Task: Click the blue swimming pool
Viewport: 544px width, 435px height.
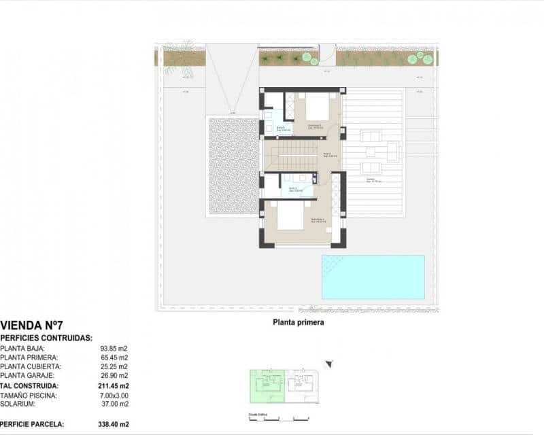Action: tap(373, 277)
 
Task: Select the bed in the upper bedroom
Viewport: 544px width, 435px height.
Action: tap(313, 106)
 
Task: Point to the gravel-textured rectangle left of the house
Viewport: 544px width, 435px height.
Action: tap(233, 166)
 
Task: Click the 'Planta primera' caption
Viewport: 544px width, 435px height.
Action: tap(299, 324)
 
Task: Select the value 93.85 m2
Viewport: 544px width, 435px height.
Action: tap(114, 347)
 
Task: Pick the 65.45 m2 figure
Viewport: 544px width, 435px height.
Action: tap(114, 357)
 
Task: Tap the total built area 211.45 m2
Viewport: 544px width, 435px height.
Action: tap(113, 385)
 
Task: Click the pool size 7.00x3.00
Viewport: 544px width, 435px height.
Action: tap(114, 395)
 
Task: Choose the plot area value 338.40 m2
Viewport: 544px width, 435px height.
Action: tap(113, 424)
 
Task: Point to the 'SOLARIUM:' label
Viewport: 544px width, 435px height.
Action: tap(19, 404)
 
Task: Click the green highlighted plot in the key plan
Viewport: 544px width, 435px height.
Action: tap(267, 387)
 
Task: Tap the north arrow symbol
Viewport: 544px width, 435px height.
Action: tap(329, 364)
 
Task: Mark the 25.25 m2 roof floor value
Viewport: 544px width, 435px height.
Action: tap(114, 366)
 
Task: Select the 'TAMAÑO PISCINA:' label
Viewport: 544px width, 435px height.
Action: tap(29, 395)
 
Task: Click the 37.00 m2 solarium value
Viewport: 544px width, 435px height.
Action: tap(114, 404)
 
